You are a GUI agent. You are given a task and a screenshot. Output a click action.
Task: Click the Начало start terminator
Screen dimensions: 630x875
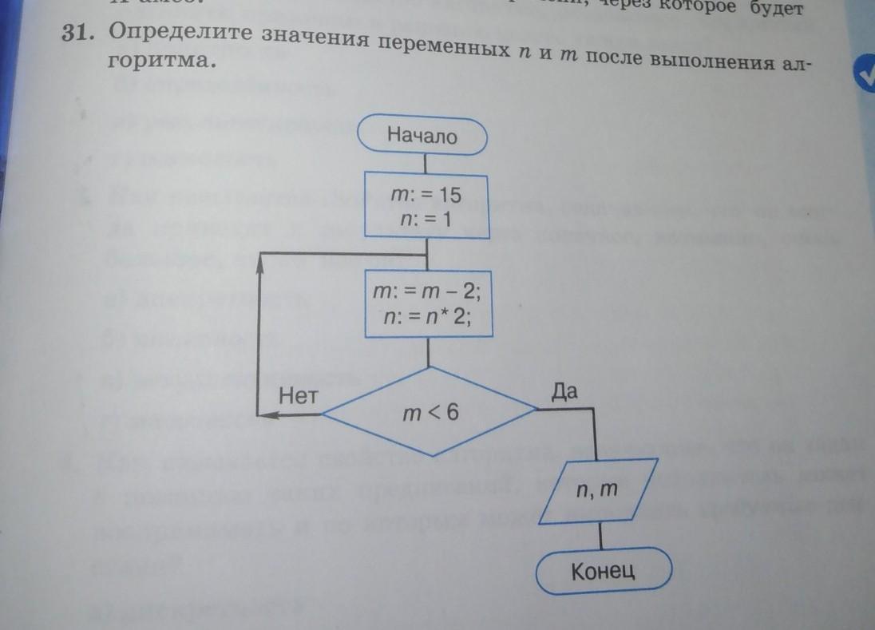coord(422,136)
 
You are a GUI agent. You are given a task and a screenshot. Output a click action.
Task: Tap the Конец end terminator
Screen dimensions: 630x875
coord(604,571)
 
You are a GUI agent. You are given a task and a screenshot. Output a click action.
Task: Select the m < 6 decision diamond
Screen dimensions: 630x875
coord(430,412)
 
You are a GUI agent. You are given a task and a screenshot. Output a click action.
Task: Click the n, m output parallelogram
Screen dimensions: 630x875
coord(598,491)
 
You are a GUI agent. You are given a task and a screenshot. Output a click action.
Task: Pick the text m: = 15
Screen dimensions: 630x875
coord(426,195)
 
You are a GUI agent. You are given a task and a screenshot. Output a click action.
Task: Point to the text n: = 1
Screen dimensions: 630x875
coord(426,218)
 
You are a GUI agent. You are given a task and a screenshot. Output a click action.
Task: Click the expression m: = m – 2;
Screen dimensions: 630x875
coord(429,292)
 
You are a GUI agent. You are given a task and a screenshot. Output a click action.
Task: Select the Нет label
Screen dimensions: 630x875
coord(299,395)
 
